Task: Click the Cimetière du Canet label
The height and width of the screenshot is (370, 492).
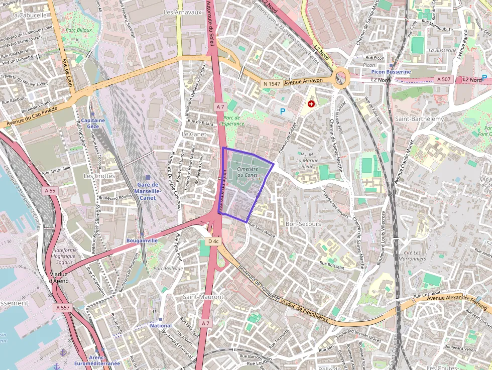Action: tap(247, 172)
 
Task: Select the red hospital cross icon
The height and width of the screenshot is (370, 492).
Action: tap(311, 104)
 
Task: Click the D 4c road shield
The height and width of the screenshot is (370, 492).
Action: tap(213, 241)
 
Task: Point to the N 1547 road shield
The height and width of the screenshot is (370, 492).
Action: tap(272, 83)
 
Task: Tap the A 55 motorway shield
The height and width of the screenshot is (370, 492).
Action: tap(50, 191)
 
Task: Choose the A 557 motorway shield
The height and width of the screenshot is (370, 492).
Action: tap(63, 307)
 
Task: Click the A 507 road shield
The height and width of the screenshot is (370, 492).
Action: tap(444, 79)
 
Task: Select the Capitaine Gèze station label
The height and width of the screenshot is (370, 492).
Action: tap(93, 124)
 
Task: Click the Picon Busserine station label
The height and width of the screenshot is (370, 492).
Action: tap(391, 72)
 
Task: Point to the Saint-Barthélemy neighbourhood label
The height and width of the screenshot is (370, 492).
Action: tap(420, 119)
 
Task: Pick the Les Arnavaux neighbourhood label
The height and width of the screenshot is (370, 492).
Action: tap(182, 12)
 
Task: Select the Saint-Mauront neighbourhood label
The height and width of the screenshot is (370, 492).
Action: tap(203, 297)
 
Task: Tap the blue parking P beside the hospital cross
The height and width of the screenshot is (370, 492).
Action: tap(282, 111)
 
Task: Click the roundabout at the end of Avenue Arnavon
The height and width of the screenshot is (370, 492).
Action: tap(341, 78)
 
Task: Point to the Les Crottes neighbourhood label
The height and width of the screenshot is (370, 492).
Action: tap(99, 176)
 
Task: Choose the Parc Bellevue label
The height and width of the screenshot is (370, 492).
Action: tap(168, 269)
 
